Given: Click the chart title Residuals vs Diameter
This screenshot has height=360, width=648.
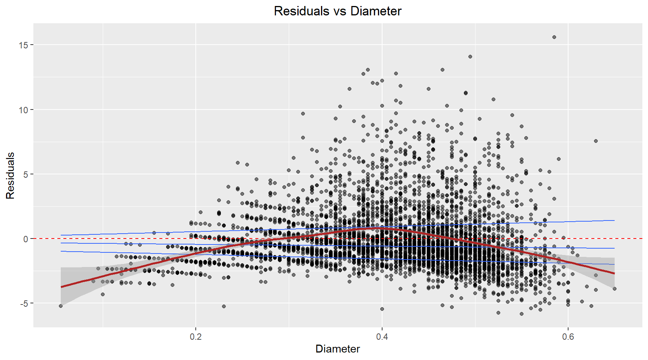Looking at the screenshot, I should pyautogui.click(x=337, y=11).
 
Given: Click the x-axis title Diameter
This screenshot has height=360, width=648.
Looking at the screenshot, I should pyautogui.click(x=337, y=349).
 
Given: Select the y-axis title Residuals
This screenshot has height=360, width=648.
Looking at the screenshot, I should pyautogui.click(x=10, y=175).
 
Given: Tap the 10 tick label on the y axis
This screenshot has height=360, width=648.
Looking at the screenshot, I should pyautogui.click(x=23, y=110).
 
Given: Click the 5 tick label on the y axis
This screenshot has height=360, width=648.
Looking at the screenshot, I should pyautogui.click(x=25, y=174).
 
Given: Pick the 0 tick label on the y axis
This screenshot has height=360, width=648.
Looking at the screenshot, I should pyautogui.click(x=25, y=239).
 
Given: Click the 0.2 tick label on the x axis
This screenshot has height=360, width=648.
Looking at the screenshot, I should pyautogui.click(x=196, y=337).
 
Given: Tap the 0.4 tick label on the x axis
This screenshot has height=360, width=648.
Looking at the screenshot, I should pyautogui.click(x=382, y=337).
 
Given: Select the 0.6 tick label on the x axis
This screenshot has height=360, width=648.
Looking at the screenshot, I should pyautogui.click(x=568, y=337).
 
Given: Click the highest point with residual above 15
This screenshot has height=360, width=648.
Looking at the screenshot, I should pyautogui.click(x=554, y=37).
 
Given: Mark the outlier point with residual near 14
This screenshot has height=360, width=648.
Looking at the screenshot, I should pyautogui.click(x=470, y=57).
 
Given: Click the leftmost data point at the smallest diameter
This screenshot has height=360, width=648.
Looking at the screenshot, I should pyautogui.click(x=61, y=306).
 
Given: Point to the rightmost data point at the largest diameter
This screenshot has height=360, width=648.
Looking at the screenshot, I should pyautogui.click(x=615, y=289).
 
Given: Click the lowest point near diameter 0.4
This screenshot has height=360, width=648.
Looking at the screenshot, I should pyautogui.click(x=382, y=309).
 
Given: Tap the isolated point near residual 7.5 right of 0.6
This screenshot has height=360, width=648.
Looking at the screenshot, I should pyautogui.click(x=596, y=141).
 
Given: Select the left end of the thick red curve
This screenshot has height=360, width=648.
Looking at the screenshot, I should pyautogui.click(x=61, y=287).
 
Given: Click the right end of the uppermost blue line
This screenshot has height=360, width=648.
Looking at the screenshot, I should pyautogui.click(x=614, y=220).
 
